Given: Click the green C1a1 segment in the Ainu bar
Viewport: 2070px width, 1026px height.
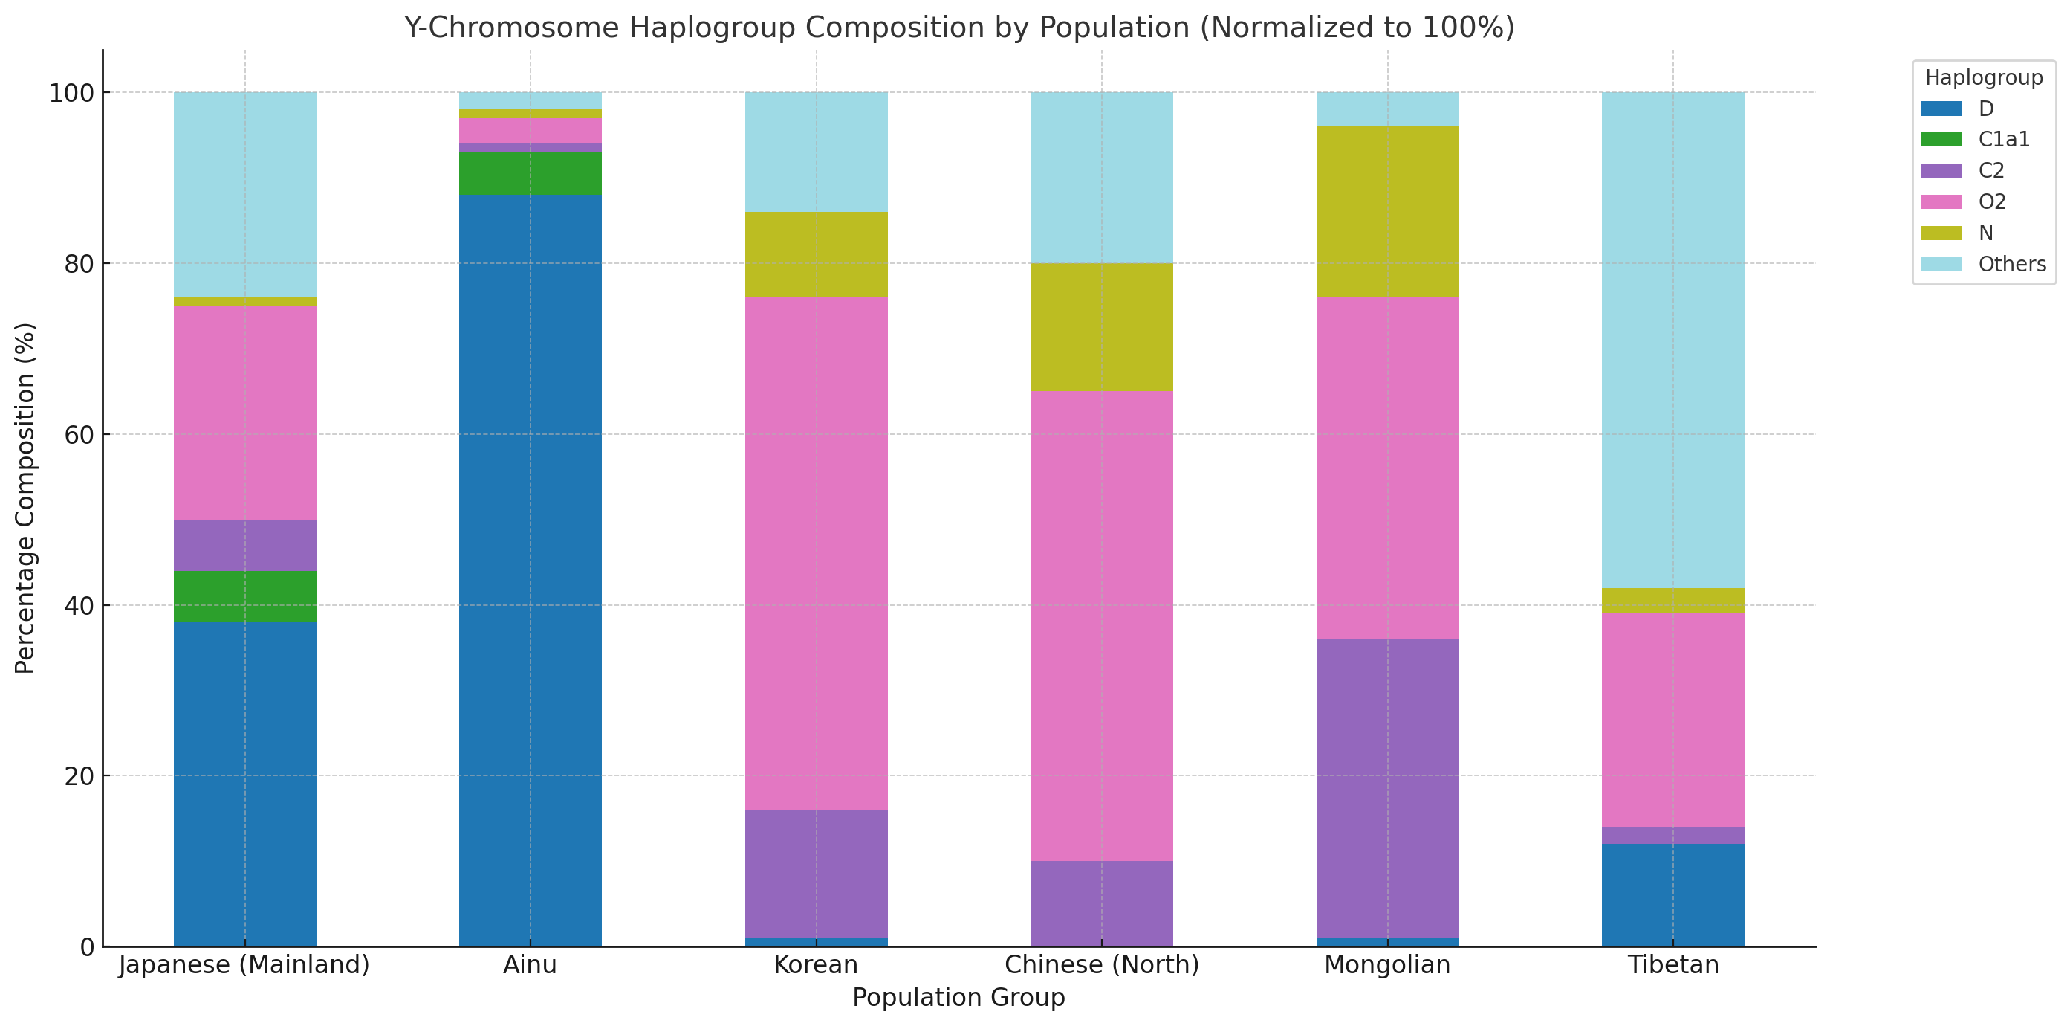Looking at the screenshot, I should [531, 173].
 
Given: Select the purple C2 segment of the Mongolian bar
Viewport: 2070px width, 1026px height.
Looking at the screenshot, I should [1387, 788].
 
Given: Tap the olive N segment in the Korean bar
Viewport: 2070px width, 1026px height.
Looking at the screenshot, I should [817, 254].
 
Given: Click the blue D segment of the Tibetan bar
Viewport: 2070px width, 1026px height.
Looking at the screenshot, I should [1673, 894].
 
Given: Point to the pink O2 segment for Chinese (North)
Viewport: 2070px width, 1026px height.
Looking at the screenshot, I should [1102, 625].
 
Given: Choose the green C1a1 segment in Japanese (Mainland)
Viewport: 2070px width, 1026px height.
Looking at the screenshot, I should [245, 596].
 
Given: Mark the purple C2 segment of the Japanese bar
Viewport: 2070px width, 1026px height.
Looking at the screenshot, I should [245, 545].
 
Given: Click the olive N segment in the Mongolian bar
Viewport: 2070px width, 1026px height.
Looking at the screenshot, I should [1387, 211].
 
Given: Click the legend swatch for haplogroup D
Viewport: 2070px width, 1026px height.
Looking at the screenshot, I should [1941, 109].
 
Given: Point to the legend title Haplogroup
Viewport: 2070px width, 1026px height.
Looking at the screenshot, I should [1983, 77].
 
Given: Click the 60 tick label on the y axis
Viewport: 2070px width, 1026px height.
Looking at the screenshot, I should [80, 434].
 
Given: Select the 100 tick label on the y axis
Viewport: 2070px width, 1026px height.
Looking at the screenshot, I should [71, 92].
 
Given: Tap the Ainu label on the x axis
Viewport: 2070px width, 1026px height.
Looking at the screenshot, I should [531, 964].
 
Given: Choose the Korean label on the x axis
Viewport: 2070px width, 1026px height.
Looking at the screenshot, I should [817, 964].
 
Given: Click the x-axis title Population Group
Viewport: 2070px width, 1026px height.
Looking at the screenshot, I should [958, 997].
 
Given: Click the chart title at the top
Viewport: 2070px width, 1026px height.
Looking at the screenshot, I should [958, 28].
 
